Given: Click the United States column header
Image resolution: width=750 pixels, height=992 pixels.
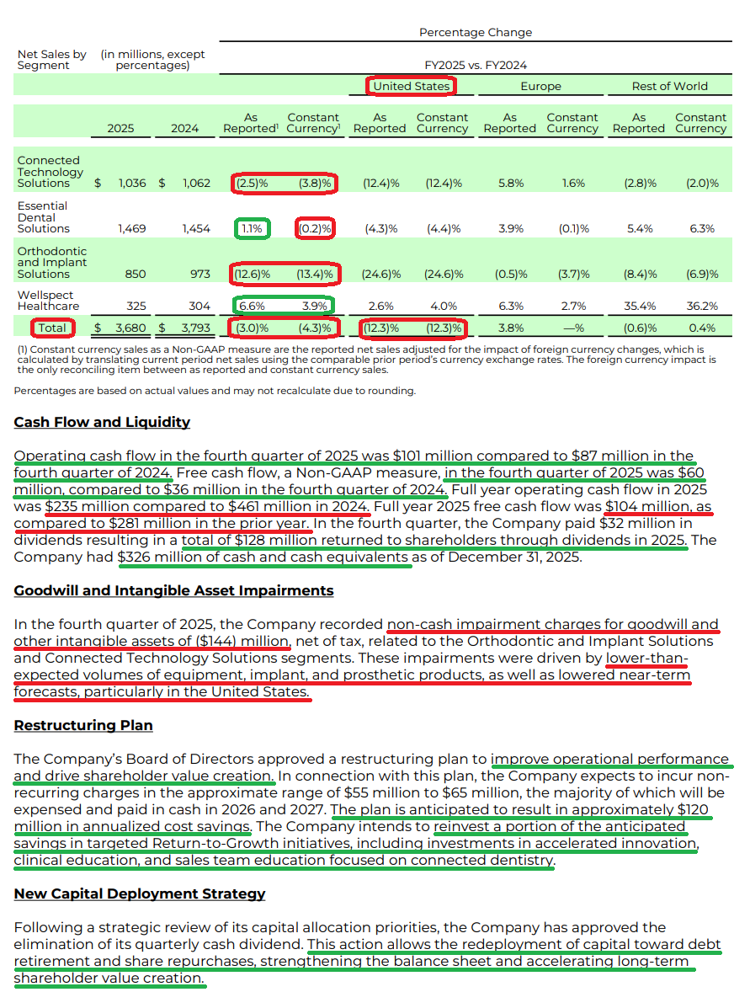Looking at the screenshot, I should (x=411, y=86).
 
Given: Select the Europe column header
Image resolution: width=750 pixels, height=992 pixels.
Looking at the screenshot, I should (x=540, y=86).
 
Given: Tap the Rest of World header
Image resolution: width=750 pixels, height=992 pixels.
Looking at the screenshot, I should (x=669, y=86).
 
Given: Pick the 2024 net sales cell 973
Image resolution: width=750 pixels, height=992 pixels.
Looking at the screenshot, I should (x=198, y=274).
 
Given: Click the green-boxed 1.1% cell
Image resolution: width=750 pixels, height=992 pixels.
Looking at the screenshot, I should (x=252, y=228).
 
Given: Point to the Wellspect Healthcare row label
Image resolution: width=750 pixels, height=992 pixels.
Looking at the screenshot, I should (x=45, y=301).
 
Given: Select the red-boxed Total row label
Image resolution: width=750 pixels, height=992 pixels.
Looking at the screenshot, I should (x=52, y=328).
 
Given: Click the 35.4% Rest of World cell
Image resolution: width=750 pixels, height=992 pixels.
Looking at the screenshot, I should (x=638, y=306).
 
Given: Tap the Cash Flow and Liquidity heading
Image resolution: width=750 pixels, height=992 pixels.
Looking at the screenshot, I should (x=102, y=422).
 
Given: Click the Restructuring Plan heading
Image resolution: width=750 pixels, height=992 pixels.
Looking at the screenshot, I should (x=83, y=725).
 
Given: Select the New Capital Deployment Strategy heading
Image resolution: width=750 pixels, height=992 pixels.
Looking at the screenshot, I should (x=139, y=893).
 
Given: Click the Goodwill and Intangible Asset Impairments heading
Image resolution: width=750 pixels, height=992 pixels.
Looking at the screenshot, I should (x=173, y=590).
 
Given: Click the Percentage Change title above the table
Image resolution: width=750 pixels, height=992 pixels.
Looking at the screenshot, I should (x=476, y=32).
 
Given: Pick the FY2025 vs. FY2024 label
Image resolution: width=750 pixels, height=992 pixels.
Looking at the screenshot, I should (x=476, y=65).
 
